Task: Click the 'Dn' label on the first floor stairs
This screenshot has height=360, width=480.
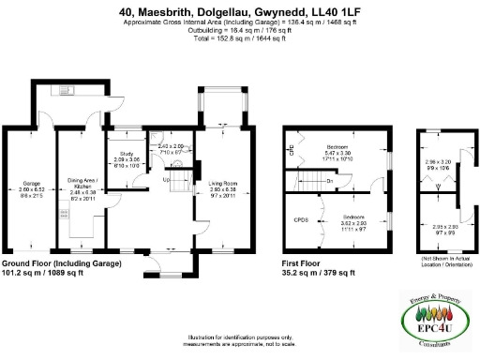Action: [x=330, y=181]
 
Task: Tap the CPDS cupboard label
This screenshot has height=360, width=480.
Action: [x=302, y=219]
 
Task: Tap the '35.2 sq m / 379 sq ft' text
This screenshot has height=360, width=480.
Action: [x=320, y=274]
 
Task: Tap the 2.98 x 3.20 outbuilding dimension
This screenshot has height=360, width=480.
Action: [x=438, y=162]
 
